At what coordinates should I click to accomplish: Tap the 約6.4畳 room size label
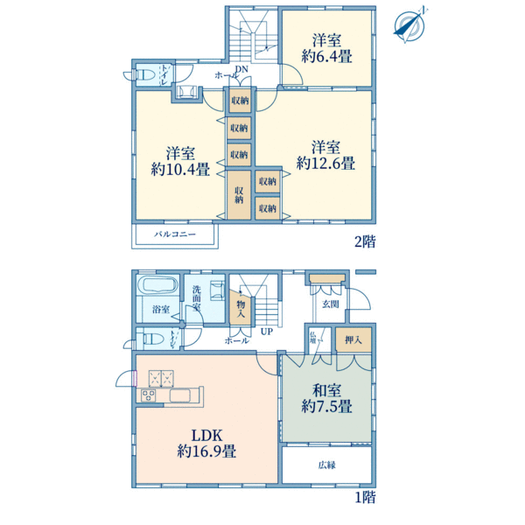tap(326, 56)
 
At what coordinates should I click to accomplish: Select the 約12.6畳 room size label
tap(325, 163)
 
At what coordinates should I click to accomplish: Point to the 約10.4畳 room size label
tap(180, 169)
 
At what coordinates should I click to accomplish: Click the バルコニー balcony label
tap(175, 234)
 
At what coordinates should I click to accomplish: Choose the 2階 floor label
tap(365, 241)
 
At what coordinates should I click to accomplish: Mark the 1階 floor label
tap(365, 497)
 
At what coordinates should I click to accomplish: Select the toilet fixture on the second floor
tap(146, 74)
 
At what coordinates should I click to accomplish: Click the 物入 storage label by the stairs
tap(241, 309)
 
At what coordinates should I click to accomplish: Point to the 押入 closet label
tap(353, 339)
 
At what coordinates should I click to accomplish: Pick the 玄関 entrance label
tap(331, 304)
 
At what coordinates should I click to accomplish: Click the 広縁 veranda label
tap(326, 465)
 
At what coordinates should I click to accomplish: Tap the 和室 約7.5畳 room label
tap(326, 398)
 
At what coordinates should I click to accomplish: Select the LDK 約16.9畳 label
tap(206, 444)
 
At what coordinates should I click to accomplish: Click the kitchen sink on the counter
tap(181, 395)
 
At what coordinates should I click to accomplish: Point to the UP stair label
tap(267, 332)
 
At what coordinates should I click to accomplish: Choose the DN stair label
tap(241, 69)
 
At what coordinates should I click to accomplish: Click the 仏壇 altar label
tap(313, 338)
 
